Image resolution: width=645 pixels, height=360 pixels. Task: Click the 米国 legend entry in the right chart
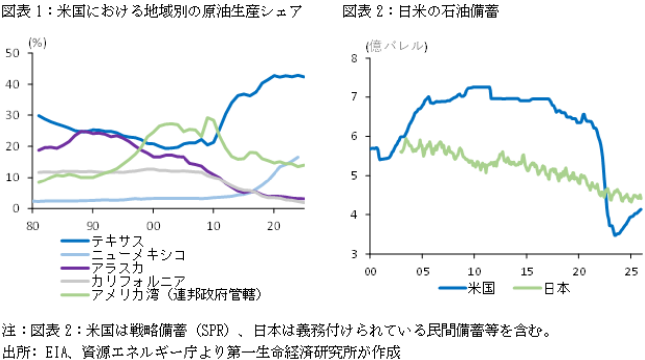pyautogui.click(x=480, y=288)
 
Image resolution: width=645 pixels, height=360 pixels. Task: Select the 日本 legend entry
pyautogui.click(x=556, y=288)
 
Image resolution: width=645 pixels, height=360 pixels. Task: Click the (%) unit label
pyautogui.click(x=37, y=43)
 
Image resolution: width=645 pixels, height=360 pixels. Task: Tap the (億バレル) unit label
pyautogui.click(x=396, y=46)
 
